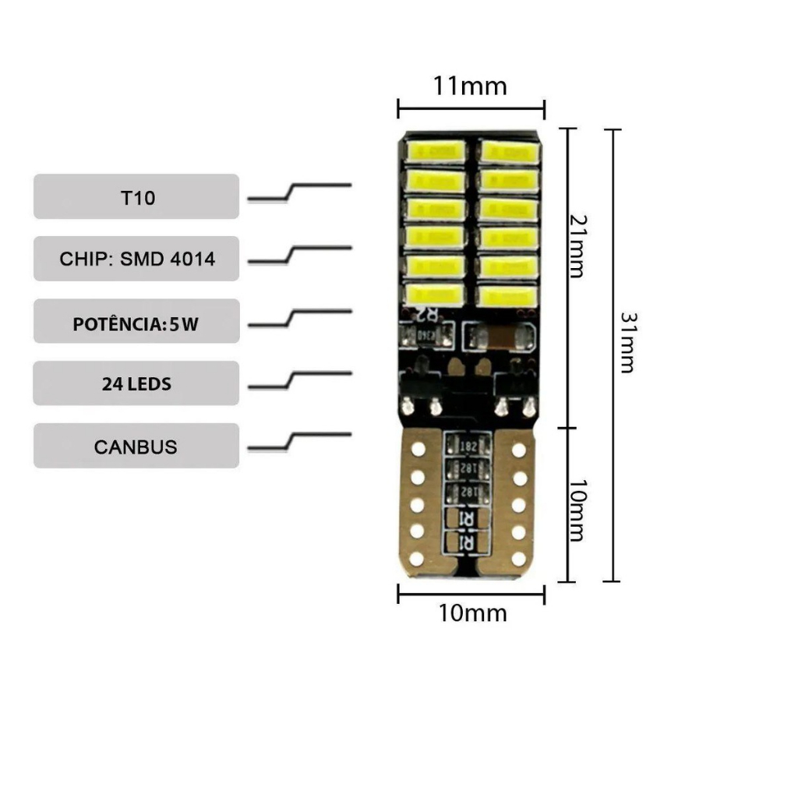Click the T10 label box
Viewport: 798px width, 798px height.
[x=136, y=196]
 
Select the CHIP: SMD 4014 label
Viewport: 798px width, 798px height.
[x=136, y=259]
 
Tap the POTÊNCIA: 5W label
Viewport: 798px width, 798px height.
[x=136, y=321]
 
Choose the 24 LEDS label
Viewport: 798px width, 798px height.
[x=136, y=383]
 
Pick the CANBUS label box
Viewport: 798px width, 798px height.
[x=136, y=447]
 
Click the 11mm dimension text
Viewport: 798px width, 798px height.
[x=470, y=85]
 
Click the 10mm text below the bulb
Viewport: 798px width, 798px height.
[x=472, y=613]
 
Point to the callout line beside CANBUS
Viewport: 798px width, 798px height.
[x=299, y=442]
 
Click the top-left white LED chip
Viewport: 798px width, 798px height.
[x=435, y=151]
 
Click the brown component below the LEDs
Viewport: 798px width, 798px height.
[x=500, y=337]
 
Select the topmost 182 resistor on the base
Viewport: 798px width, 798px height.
[x=468, y=446]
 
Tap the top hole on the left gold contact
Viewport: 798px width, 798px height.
[x=418, y=450]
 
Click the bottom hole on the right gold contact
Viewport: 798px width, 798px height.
[x=519, y=558]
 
